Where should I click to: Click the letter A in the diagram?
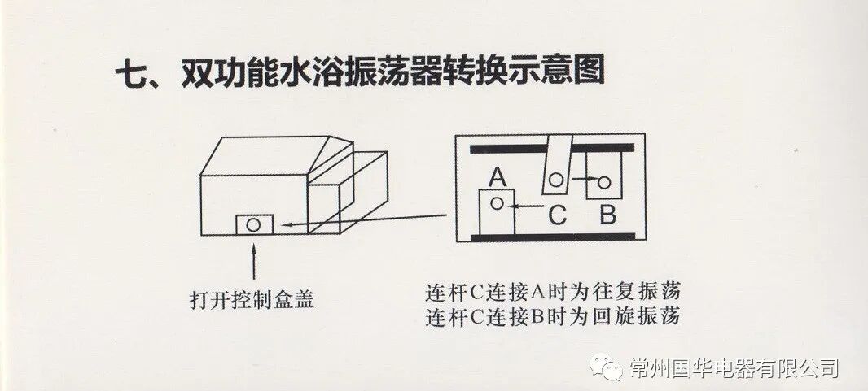pyautogui.click(x=498, y=175)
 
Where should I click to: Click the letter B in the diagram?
pyautogui.click(x=607, y=215)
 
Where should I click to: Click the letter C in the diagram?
pyautogui.click(x=557, y=215)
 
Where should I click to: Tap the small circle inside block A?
pyautogui.click(x=496, y=205)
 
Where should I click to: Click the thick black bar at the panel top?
pyautogui.click(x=554, y=148)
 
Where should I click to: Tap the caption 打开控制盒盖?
pyautogui.click(x=251, y=300)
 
